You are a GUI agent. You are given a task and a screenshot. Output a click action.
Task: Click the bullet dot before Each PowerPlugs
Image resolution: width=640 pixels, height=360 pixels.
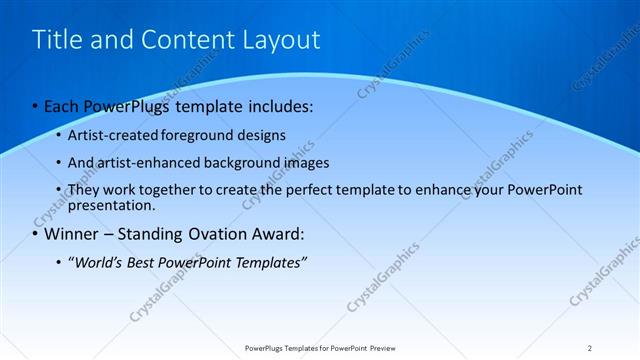coord(36,105)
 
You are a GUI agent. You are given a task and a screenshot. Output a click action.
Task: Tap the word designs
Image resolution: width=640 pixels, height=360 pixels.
coord(259,134)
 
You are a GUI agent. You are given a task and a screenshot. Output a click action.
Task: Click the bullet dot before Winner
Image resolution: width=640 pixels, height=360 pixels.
coord(36,235)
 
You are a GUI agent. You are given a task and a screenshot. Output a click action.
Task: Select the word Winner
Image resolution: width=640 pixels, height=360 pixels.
coord(73,235)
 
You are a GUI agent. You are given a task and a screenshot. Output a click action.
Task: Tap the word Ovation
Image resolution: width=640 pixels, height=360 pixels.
coord(220,235)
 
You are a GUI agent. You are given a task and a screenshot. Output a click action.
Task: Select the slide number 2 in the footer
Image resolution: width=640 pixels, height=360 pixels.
coord(590,347)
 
